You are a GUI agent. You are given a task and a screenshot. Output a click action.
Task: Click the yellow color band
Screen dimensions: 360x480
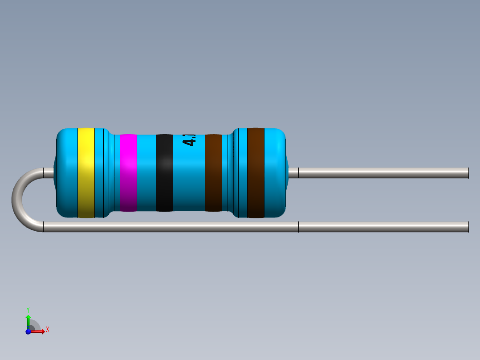tap(86, 173)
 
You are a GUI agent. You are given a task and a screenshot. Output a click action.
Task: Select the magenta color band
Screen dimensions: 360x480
tap(128, 173)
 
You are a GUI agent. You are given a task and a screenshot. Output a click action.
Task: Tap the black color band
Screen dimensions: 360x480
tap(164, 173)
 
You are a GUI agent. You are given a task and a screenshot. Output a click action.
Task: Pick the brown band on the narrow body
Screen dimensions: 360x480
tap(213, 173)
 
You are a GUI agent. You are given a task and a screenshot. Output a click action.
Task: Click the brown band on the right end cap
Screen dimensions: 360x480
tap(256, 173)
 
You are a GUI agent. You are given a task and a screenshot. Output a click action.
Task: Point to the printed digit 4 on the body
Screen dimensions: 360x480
tap(189, 142)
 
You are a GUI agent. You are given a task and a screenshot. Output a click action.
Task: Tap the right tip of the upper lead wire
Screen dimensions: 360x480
tap(467, 173)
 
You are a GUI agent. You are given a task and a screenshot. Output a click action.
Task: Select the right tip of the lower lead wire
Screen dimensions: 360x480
tap(467, 227)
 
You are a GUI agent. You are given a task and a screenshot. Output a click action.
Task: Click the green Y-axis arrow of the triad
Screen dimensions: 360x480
tap(28, 319)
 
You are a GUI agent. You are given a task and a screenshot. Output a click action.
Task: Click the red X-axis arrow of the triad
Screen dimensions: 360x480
tap(40, 331)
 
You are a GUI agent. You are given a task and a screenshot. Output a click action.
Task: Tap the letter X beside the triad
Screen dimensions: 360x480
tap(48, 330)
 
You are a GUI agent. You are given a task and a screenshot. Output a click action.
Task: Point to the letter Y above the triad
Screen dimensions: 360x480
tap(28, 309)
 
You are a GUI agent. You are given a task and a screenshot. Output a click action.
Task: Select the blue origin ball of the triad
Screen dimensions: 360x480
tap(28, 331)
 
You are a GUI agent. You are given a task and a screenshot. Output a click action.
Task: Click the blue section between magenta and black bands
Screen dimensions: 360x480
tap(146, 173)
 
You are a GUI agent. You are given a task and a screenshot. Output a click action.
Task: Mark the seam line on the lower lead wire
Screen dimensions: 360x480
tap(298, 227)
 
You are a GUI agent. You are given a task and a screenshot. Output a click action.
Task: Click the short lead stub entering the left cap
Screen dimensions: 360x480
tap(48, 173)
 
